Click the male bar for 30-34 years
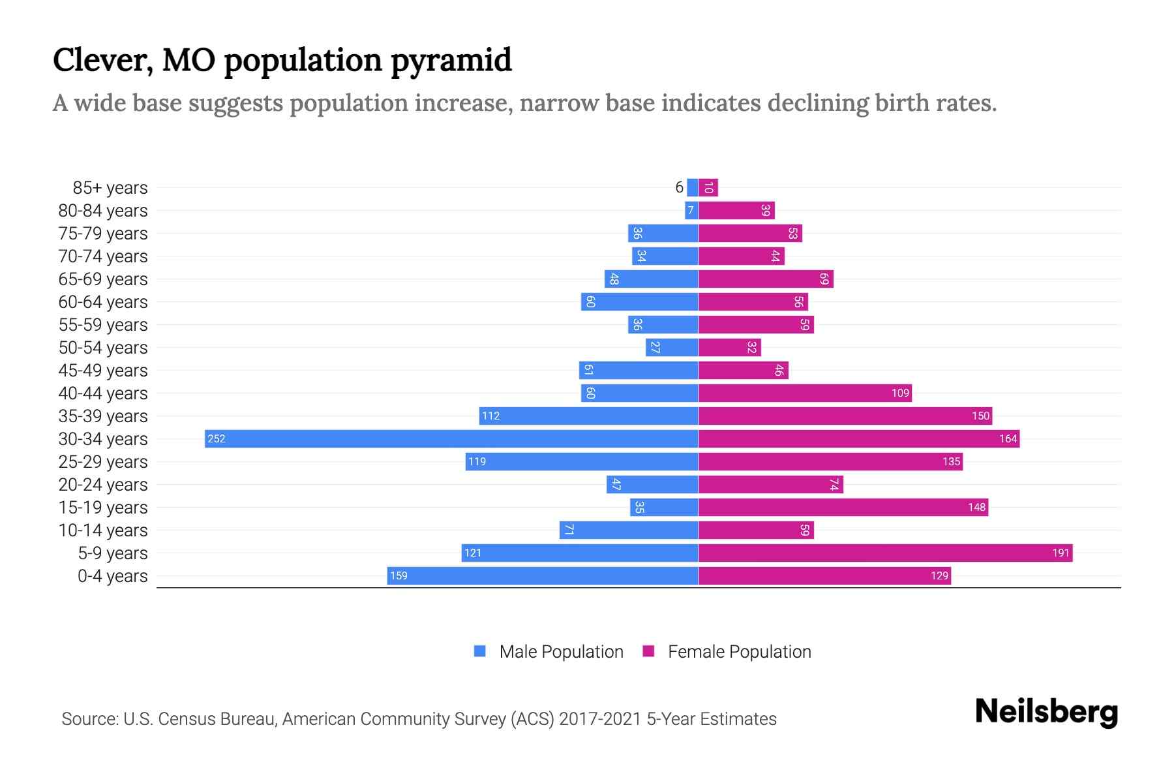(451, 438)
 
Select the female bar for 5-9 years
(885, 553)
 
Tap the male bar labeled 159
(543, 576)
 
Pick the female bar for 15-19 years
(843, 507)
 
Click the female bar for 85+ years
(708, 187)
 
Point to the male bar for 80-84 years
(691, 210)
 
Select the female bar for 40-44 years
(805, 393)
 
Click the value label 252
(216, 438)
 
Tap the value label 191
(1061, 553)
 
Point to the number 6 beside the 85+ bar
(679, 187)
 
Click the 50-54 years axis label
(103, 348)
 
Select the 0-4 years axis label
(112, 576)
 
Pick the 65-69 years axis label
(103, 279)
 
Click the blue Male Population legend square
(480, 651)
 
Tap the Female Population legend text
(739, 651)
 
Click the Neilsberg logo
(1046, 712)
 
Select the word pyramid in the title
(451, 61)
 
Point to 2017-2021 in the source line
(600, 719)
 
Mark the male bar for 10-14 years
(629, 530)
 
